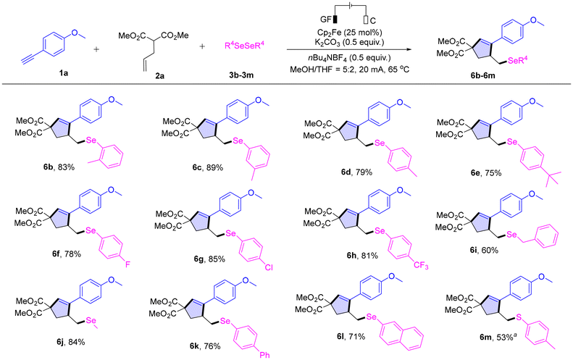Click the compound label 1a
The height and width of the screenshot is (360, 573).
click(64, 73)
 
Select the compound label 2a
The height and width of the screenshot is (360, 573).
click(159, 75)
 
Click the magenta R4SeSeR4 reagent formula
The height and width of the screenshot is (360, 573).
click(244, 46)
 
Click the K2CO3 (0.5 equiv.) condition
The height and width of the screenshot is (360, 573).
click(349, 43)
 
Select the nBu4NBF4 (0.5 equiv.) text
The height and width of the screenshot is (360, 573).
click(349, 58)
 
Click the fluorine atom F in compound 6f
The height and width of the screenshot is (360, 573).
click(127, 264)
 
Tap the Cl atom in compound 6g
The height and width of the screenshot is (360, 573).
click(268, 267)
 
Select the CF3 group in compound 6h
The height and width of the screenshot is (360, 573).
click(421, 265)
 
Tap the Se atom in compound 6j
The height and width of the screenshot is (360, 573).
click(91, 321)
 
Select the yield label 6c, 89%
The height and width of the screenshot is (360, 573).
click(208, 167)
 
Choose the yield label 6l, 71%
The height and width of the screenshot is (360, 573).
click(351, 336)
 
